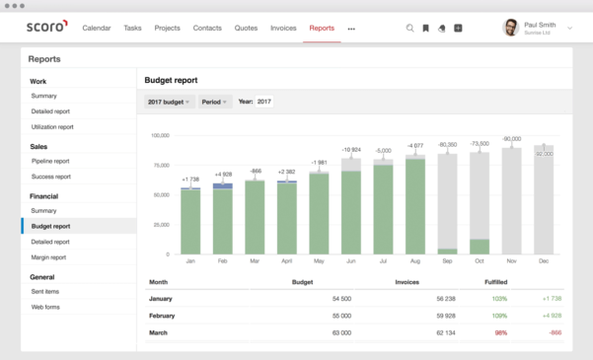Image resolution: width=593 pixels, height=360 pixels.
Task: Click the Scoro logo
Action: [46, 28]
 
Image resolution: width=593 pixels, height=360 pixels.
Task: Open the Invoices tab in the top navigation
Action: [283, 29]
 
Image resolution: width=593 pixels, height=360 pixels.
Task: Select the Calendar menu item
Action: [96, 29]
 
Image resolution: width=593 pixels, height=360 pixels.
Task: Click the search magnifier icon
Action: [410, 29]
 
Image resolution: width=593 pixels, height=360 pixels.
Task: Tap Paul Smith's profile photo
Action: [511, 28]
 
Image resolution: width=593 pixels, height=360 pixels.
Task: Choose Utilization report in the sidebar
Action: [51, 126]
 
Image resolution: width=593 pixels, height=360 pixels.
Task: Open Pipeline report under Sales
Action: [49, 161]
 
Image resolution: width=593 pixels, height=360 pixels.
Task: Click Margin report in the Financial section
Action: [49, 256]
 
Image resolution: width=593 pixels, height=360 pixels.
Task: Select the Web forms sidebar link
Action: [45, 307]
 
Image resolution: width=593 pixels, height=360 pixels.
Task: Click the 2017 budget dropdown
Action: [168, 102]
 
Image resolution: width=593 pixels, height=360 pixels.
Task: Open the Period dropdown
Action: [214, 102]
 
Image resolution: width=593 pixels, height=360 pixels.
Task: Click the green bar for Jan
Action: [190, 222]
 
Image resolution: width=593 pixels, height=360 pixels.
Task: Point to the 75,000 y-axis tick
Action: [159, 165]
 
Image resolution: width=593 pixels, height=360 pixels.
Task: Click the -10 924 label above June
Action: [351, 150]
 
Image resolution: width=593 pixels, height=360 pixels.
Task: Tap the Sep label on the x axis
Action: [447, 261]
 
